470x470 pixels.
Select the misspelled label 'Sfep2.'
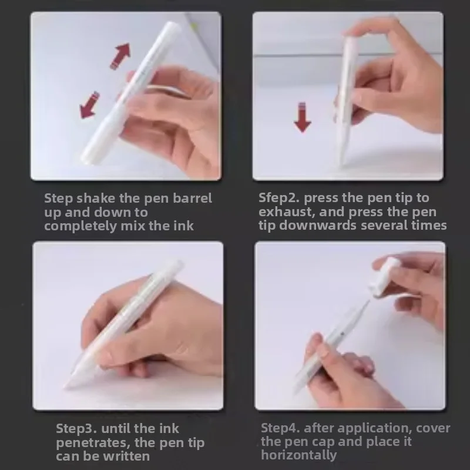[x=278, y=198]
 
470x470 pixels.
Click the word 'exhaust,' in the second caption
[x=283, y=211]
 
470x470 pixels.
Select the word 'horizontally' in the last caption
[x=299, y=455]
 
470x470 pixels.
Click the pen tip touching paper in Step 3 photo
[x=68, y=385]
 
